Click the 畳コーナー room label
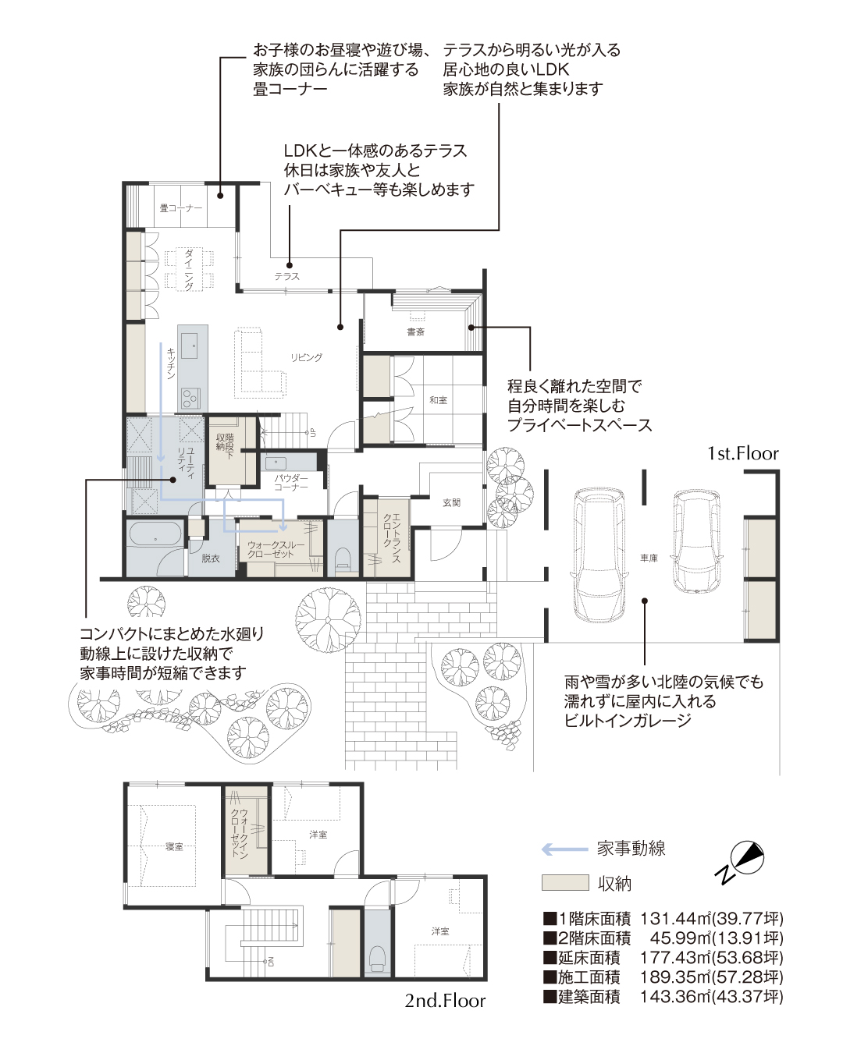pos(180,208)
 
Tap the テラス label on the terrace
pos(286,276)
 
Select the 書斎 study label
pos(415,332)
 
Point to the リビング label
pos(306,357)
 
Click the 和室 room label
pos(438,400)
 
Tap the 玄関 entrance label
pos(451,502)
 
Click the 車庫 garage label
pos(648,558)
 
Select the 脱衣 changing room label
pos(210,558)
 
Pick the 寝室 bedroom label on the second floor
pos(174,846)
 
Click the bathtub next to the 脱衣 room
pos(155,539)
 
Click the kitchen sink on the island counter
pos(190,346)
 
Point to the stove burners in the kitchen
pos(190,398)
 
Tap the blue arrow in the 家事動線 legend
pos(564,849)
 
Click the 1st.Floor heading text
pos(742,454)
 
